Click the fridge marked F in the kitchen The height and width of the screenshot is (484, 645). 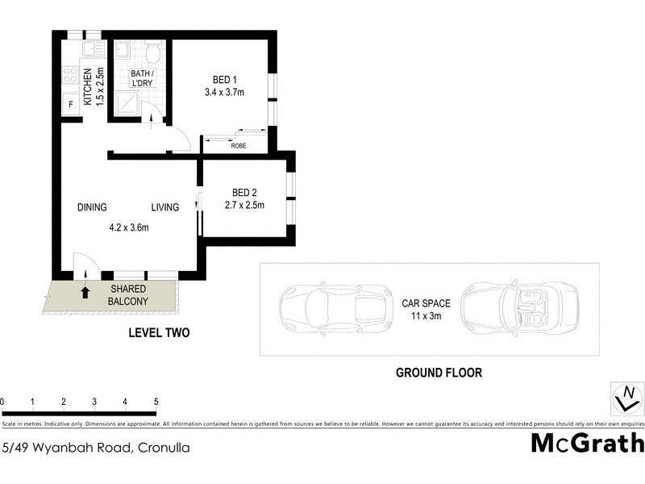(71, 105)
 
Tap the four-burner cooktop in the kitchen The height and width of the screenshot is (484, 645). (71, 76)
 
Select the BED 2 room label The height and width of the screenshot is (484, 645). (244, 192)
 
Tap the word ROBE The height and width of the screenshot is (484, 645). (238, 146)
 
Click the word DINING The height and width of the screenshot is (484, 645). (92, 207)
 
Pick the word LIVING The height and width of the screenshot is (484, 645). (164, 207)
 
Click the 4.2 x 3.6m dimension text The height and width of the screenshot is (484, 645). (129, 227)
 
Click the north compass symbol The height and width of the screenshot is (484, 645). (626, 398)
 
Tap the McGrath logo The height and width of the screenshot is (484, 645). (587, 443)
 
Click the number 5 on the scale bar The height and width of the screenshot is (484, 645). (156, 401)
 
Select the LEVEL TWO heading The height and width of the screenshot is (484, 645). (159, 332)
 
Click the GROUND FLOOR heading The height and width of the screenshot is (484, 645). (439, 373)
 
